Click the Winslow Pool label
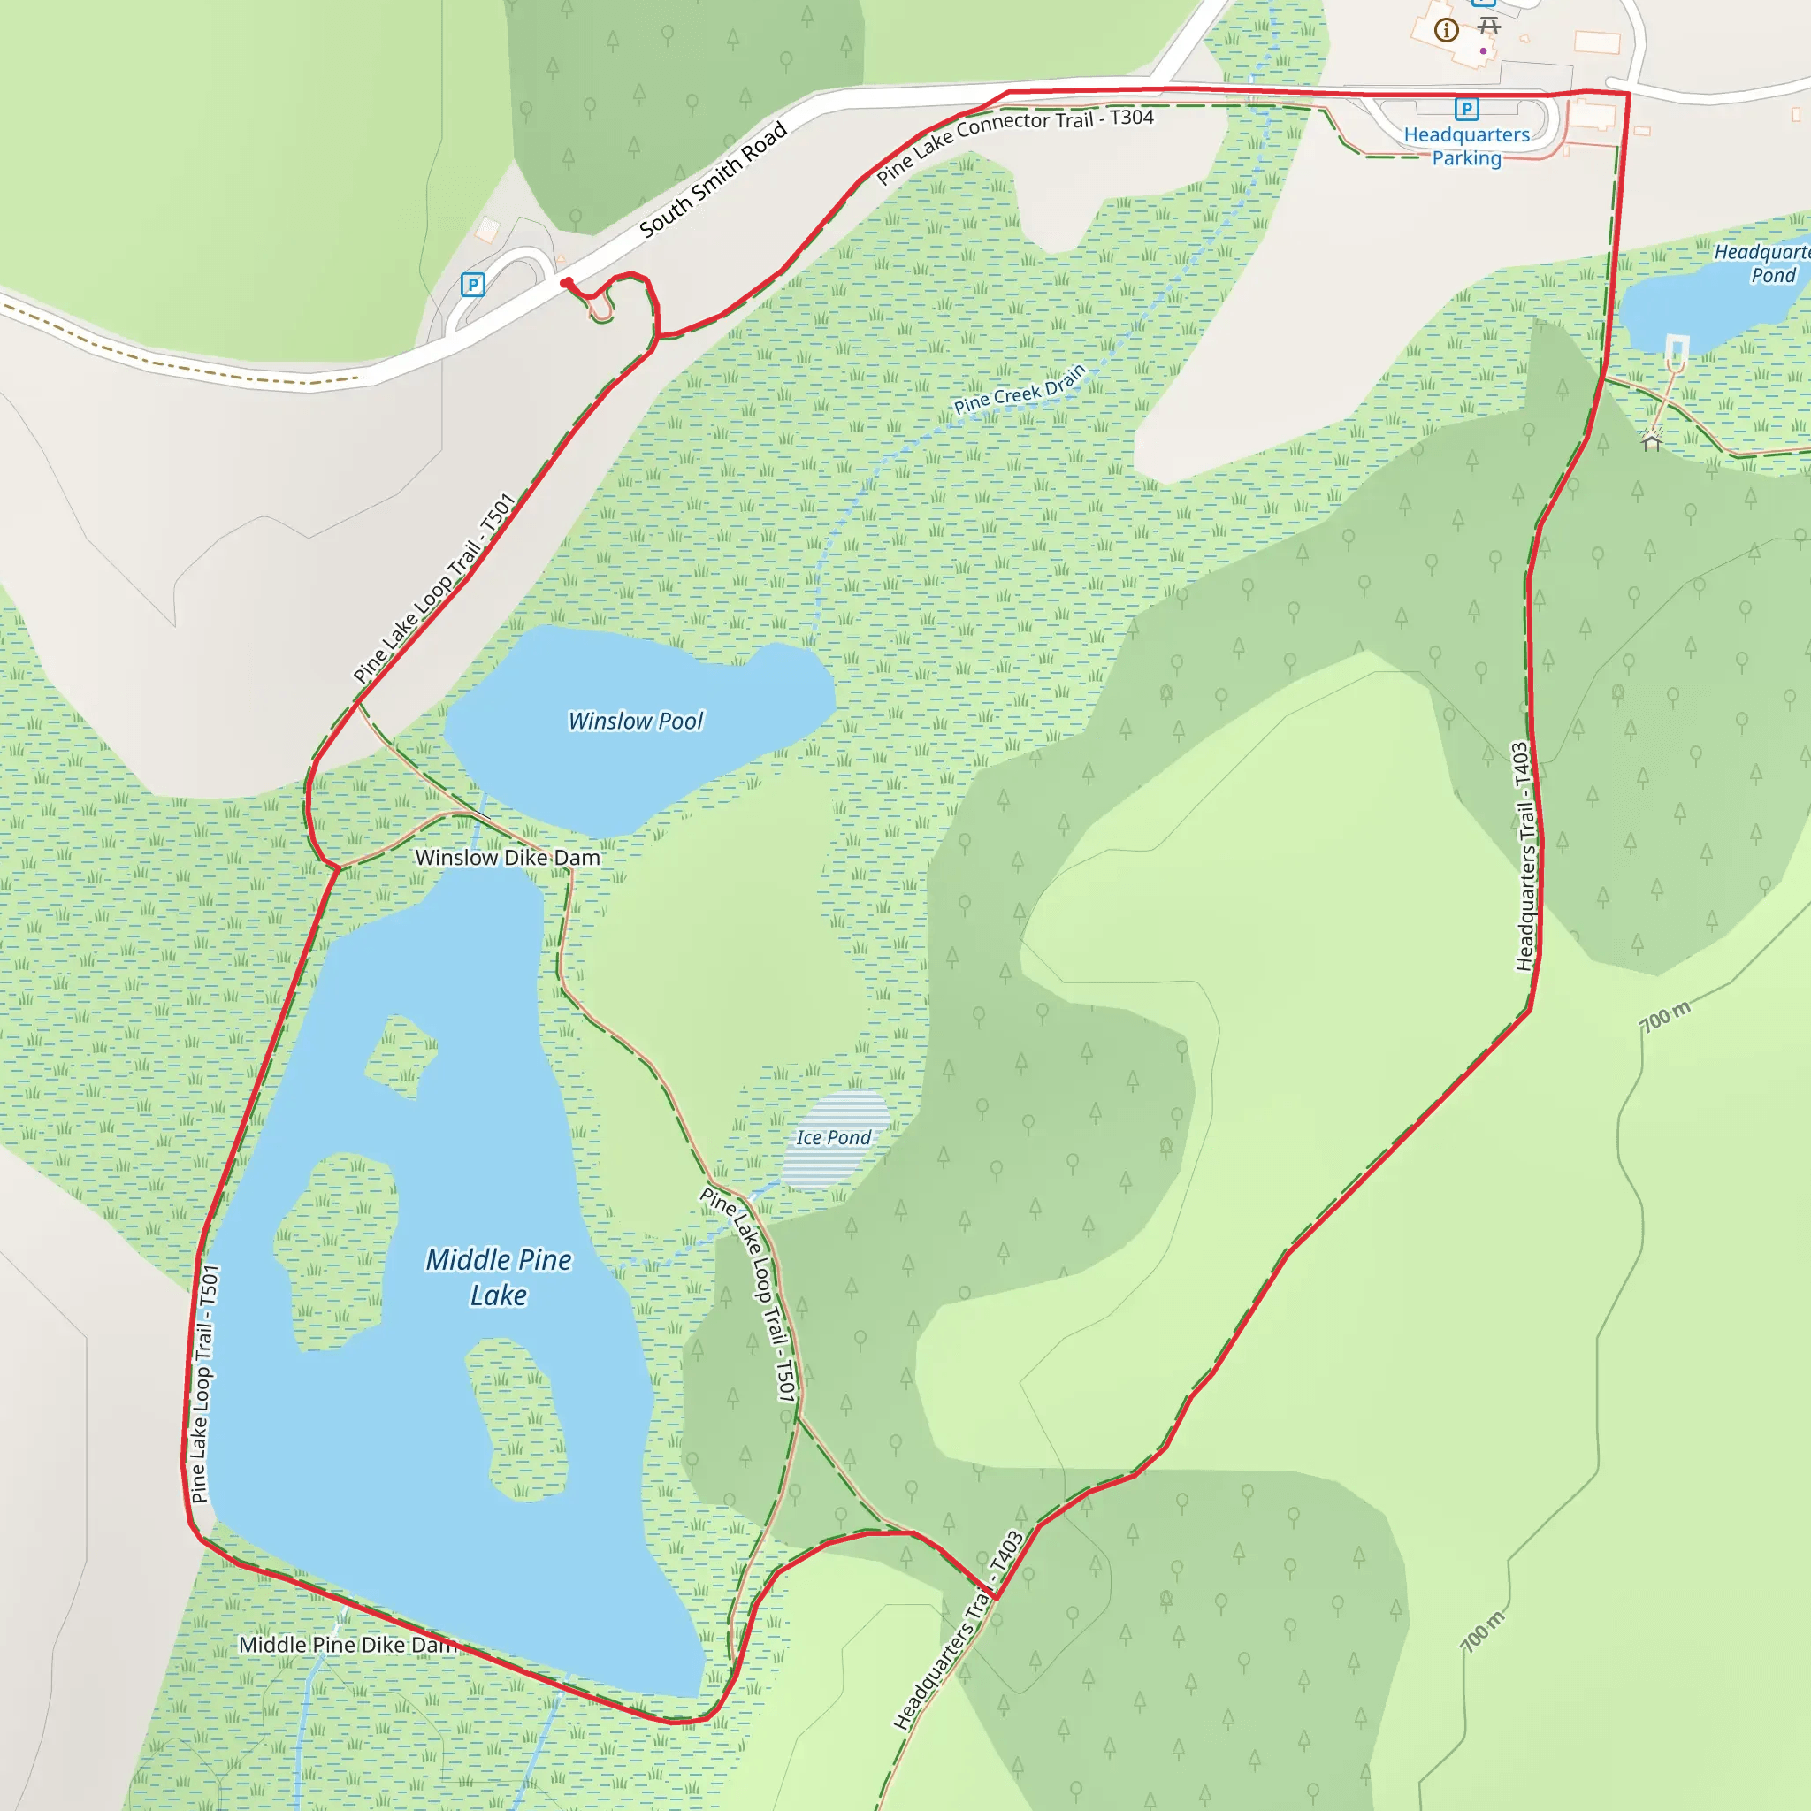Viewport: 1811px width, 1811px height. click(x=636, y=721)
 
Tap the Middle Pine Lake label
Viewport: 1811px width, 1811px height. click(x=498, y=1277)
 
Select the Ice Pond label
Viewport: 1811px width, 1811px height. click(x=833, y=1137)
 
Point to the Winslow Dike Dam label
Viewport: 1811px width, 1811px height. click(x=507, y=858)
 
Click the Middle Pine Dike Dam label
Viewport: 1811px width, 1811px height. click(x=347, y=1645)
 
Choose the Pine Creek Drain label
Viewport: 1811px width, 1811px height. click(x=1019, y=389)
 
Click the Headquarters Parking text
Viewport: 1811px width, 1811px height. click(x=1466, y=146)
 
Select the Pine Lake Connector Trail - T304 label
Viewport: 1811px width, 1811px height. click(x=1014, y=144)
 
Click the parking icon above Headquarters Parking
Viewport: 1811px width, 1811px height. click(x=1467, y=109)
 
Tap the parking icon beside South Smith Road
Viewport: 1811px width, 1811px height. click(x=473, y=284)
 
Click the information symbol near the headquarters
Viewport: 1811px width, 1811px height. click(x=1447, y=31)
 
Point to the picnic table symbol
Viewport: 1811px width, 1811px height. click(x=1488, y=26)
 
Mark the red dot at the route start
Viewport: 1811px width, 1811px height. click(x=566, y=282)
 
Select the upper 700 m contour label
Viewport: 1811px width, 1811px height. click(x=1665, y=1017)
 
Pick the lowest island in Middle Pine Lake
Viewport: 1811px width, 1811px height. click(x=516, y=1418)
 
